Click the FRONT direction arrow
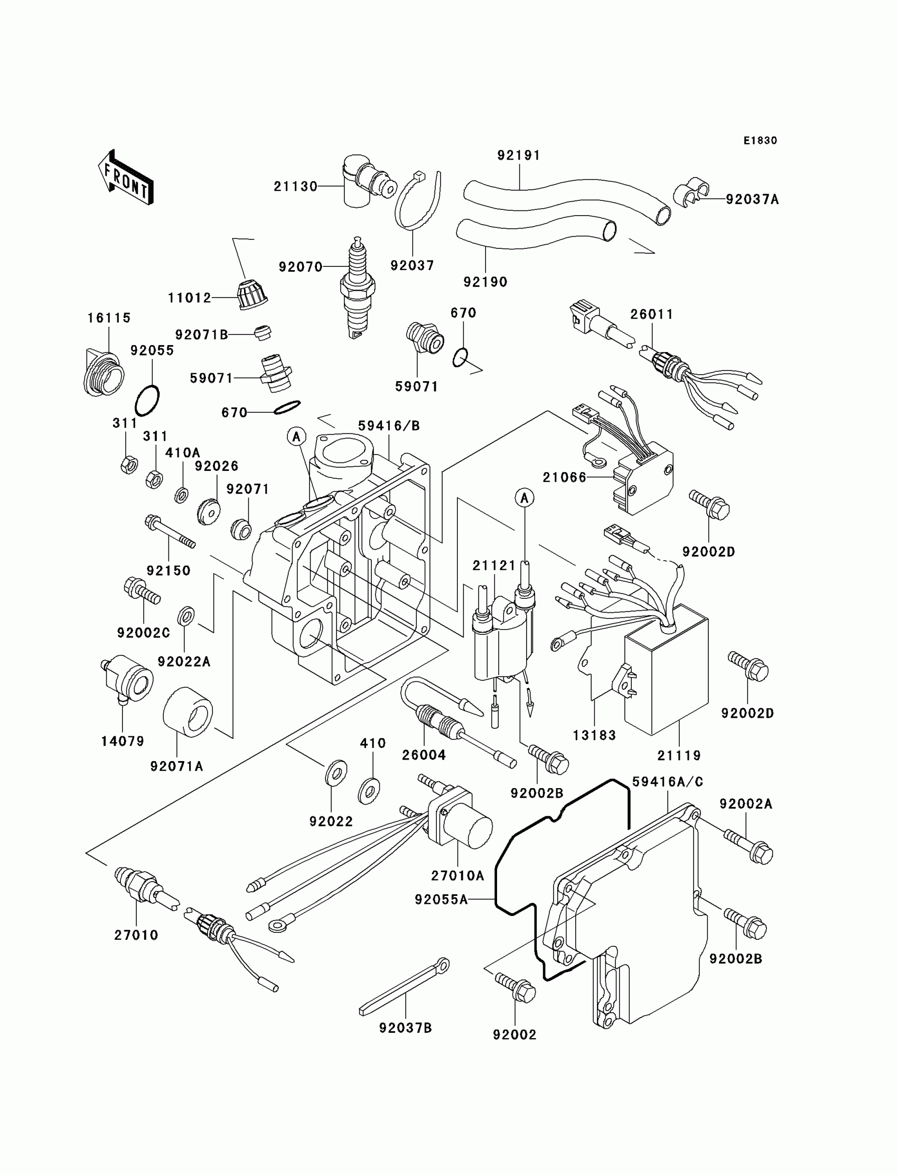pos(126,178)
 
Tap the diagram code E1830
pos(760,141)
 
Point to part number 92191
pos(519,155)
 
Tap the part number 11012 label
pos(190,298)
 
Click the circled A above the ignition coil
pos(525,498)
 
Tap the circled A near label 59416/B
pos(296,437)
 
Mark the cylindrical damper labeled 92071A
pos(187,713)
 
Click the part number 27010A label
pos(457,875)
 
